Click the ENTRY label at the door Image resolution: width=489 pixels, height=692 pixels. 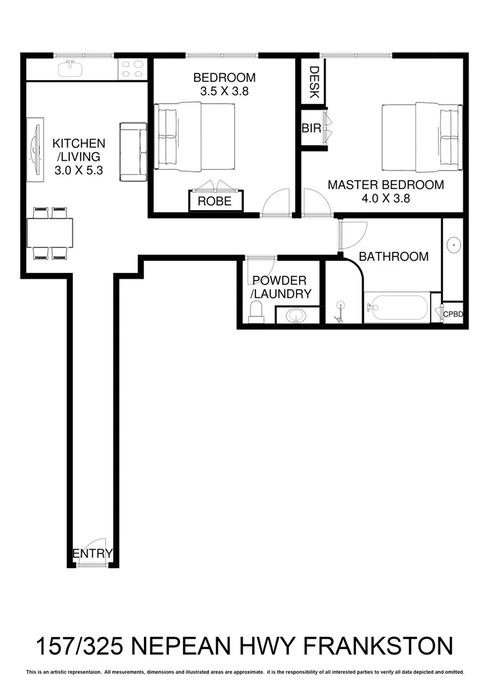[x=93, y=554]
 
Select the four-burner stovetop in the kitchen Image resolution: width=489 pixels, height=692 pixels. [x=133, y=69]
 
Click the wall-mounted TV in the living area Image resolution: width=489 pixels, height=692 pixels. [x=35, y=147]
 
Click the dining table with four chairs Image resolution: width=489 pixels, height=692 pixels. [x=49, y=233]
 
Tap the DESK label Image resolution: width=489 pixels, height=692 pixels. [x=314, y=83]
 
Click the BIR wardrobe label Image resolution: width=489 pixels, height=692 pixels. [x=311, y=129]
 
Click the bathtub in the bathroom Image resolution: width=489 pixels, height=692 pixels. [x=396, y=308]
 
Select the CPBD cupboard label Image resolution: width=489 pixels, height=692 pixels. [x=453, y=314]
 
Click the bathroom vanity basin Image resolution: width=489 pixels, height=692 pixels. [x=454, y=244]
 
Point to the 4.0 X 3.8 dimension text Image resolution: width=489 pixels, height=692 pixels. [x=385, y=198]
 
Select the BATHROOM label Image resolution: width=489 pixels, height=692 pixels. [x=393, y=256]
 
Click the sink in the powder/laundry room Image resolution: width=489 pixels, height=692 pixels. [x=296, y=315]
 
